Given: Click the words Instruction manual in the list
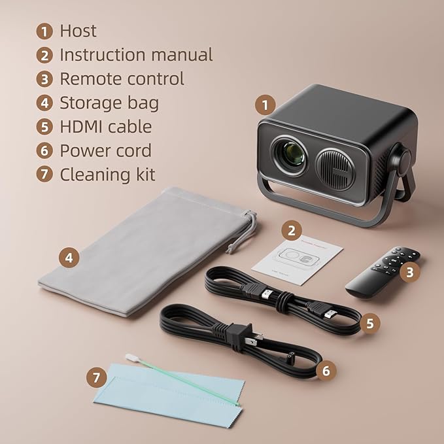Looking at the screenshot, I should [136, 55].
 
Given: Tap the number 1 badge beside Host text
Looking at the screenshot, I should [44, 31].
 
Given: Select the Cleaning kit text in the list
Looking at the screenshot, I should [107, 175].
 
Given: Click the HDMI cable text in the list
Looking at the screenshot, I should [105, 127].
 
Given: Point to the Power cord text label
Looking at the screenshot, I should [105, 150].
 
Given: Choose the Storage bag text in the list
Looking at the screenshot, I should [109, 103].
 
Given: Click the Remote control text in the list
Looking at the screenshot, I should [122, 79].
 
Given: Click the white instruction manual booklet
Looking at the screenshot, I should [298, 261].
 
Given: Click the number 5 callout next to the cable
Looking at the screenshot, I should [369, 323].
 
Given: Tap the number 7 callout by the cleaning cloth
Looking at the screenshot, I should [97, 377].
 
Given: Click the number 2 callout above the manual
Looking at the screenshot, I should [291, 230].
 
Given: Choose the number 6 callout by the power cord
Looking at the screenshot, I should [326, 371].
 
